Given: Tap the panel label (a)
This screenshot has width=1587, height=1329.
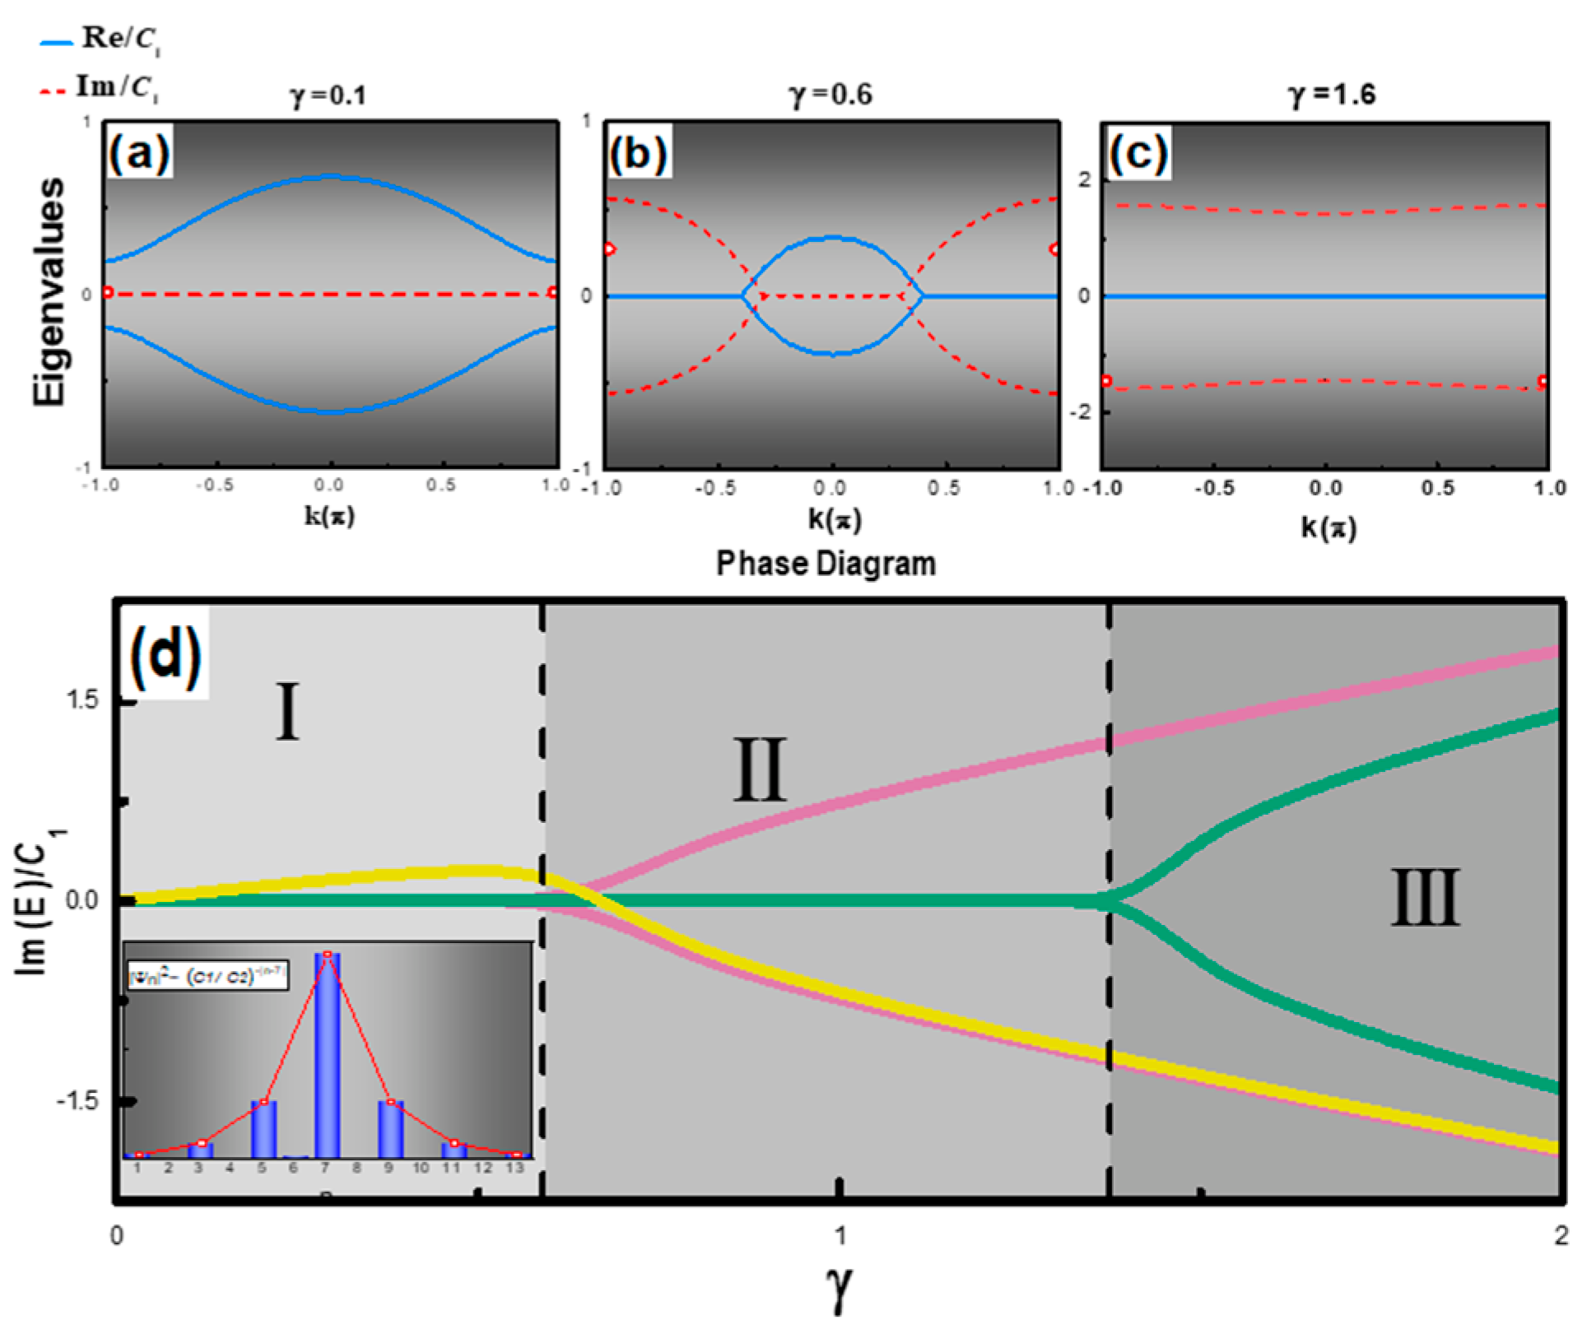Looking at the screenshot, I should [139, 152].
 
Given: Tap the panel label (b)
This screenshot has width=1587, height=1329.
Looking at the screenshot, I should [639, 152].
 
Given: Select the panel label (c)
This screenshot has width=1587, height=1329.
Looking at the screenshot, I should [1138, 152].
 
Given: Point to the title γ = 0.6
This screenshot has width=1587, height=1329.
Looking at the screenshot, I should [831, 95].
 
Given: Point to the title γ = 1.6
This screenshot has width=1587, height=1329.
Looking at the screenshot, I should [1331, 95].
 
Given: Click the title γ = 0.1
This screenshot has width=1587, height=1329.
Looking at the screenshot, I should [328, 96].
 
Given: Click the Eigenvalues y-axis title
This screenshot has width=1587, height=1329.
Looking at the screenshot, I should [49, 292].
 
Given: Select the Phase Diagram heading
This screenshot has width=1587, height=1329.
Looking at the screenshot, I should [826, 564].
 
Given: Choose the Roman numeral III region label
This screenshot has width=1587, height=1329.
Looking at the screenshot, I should [1425, 898].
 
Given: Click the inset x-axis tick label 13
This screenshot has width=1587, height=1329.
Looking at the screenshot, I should [514, 1168].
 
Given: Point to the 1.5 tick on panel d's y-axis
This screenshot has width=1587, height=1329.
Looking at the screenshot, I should [81, 700].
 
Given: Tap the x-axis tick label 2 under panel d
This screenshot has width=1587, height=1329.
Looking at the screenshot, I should [1561, 1236].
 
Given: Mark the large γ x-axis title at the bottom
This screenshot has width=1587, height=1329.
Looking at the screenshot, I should [838, 1286].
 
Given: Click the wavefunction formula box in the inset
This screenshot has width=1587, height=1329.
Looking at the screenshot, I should [207, 977].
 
